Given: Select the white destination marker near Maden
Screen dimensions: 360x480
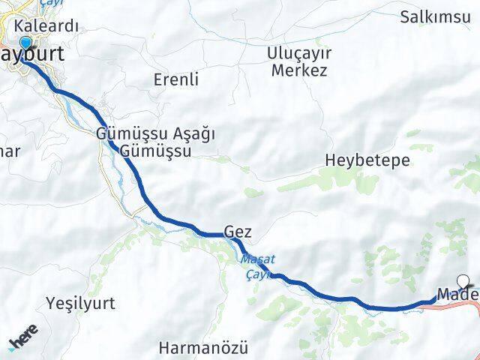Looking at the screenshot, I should pyautogui.click(x=463, y=282).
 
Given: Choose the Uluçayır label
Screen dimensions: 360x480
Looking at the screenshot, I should pyautogui.click(x=297, y=55).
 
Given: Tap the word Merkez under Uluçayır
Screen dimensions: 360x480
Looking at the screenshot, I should pyautogui.click(x=297, y=71).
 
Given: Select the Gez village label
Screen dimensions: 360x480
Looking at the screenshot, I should pyautogui.click(x=237, y=232).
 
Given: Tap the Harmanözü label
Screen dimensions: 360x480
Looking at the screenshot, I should pyautogui.click(x=193, y=348).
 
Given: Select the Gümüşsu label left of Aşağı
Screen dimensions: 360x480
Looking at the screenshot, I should pyautogui.click(x=124, y=134).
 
